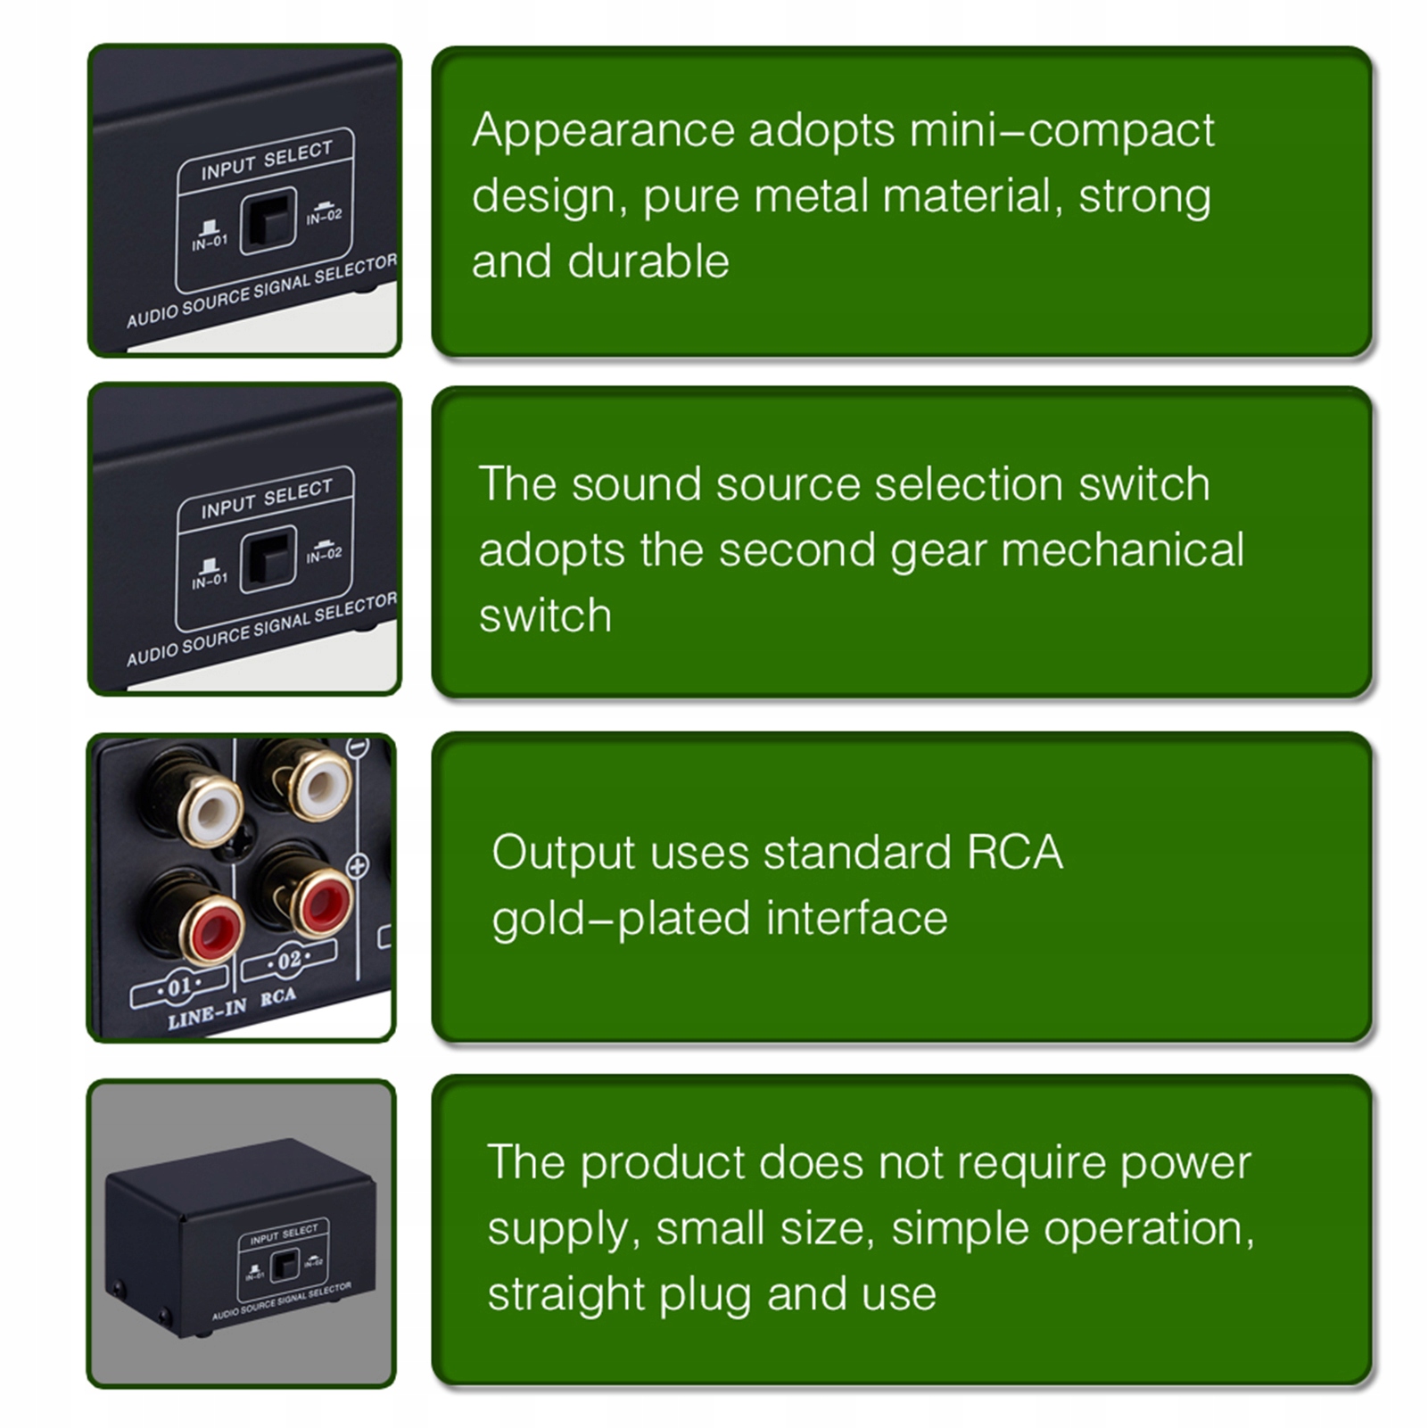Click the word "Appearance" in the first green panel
pos(603,132)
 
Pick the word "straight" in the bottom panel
pos(565,1294)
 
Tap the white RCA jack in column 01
pos(210,810)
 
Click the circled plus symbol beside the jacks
pos(357,865)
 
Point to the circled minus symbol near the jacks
pos(358,747)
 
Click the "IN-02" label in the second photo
pos(324,555)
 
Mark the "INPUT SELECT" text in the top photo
pos(266,160)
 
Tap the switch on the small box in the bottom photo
pos(284,1264)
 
